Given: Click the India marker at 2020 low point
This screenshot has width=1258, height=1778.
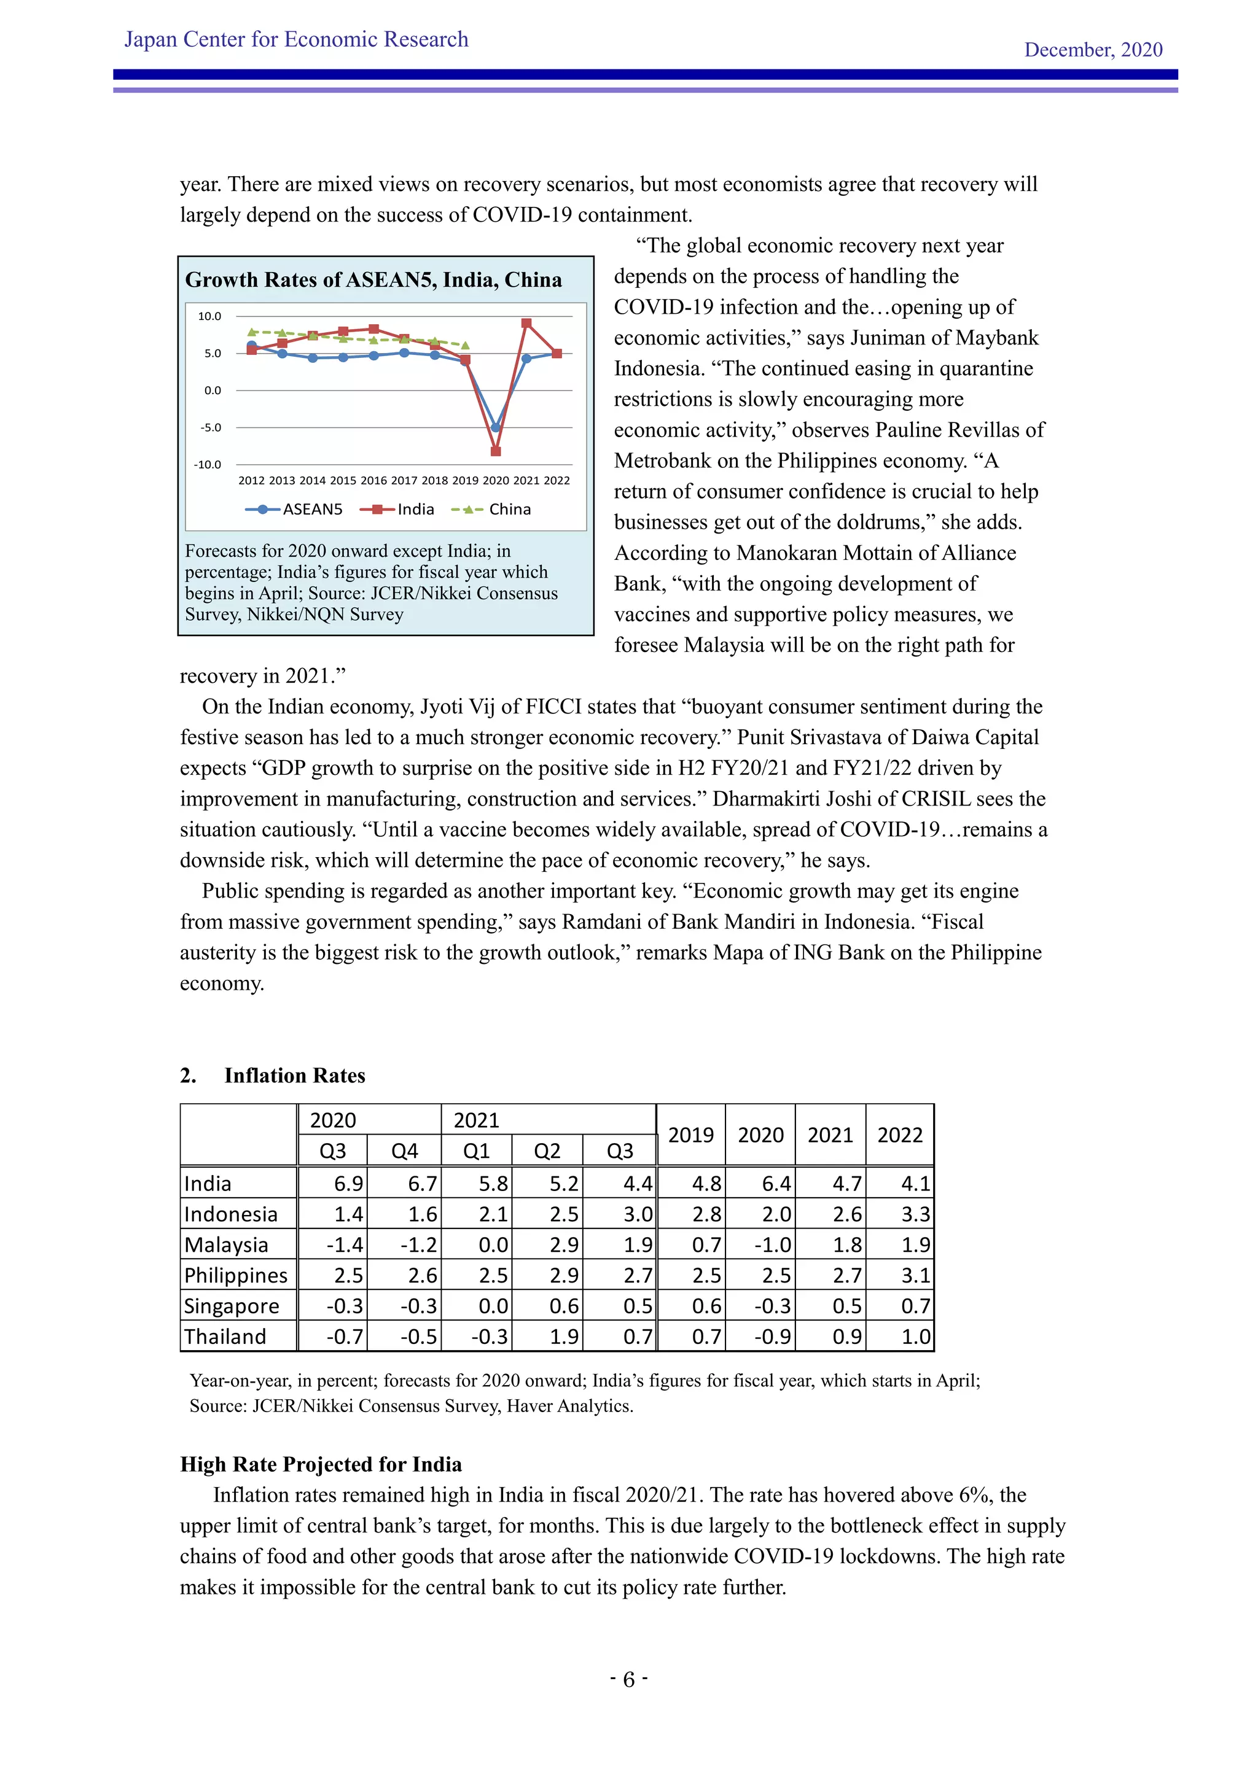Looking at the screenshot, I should coord(496,451).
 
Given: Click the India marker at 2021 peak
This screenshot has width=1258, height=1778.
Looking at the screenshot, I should coord(526,324).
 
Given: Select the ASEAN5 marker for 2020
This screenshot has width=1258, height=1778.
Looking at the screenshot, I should coord(496,427).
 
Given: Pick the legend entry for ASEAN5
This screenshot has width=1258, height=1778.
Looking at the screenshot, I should coord(294,509).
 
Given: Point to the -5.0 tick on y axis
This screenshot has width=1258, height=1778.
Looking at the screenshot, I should coord(211,427).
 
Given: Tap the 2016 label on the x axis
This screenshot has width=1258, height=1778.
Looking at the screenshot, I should coord(373,480).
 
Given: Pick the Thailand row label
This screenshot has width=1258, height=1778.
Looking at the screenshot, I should coord(225,1337).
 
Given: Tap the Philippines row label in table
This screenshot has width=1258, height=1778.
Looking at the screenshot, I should coord(235,1275).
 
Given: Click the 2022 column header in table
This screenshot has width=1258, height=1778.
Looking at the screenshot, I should coord(899,1135).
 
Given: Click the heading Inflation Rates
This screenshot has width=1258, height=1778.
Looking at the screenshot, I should coord(294,1076).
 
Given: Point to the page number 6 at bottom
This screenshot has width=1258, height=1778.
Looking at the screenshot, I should coord(628,1680).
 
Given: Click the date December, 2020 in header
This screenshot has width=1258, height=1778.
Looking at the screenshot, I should coord(1093,50).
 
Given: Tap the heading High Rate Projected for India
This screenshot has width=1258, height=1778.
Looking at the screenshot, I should coord(321,1464).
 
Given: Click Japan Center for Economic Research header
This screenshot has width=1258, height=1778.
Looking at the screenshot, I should coord(296,39).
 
